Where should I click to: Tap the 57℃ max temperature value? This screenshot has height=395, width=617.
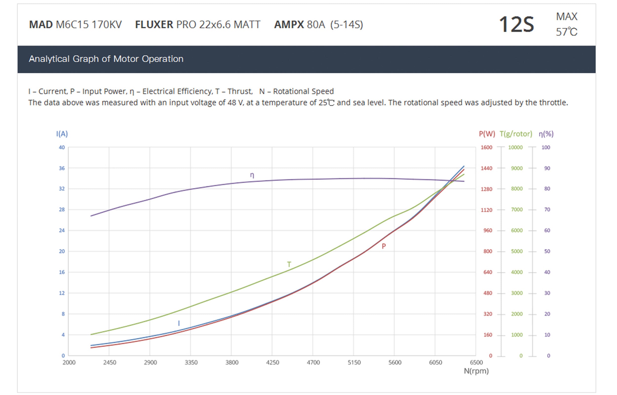click(x=566, y=32)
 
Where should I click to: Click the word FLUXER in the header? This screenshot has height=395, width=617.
click(x=154, y=25)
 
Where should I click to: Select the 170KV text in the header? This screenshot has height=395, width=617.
click(x=106, y=25)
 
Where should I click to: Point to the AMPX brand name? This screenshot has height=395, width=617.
click(x=289, y=25)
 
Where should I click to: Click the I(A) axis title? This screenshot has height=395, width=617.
click(x=62, y=134)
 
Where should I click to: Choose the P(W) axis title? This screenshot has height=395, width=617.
click(x=487, y=134)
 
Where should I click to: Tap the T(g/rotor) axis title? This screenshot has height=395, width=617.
click(x=516, y=134)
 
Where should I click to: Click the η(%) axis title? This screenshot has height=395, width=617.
click(x=546, y=134)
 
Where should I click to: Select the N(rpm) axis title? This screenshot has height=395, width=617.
click(x=476, y=371)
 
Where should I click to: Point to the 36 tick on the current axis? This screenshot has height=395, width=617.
click(x=62, y=168)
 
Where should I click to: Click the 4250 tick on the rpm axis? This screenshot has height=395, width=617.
click(x=272, y=362)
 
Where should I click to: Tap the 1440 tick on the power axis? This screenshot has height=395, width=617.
click(x=486, y=168)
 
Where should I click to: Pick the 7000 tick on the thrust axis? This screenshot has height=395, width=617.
click(x=517, y=209)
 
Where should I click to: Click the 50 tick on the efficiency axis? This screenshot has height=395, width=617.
click(x=547, y=251)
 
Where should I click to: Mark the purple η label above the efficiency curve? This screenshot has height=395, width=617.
click(x=252, y=175)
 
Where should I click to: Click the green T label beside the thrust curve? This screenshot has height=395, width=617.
click(x=289, y=264)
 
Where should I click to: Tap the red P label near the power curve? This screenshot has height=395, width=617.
click(x=384, y=246)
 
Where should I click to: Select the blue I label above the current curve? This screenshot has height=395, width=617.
click(x=179, y=323)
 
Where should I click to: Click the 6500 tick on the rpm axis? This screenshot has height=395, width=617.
click(x=476, y=362)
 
